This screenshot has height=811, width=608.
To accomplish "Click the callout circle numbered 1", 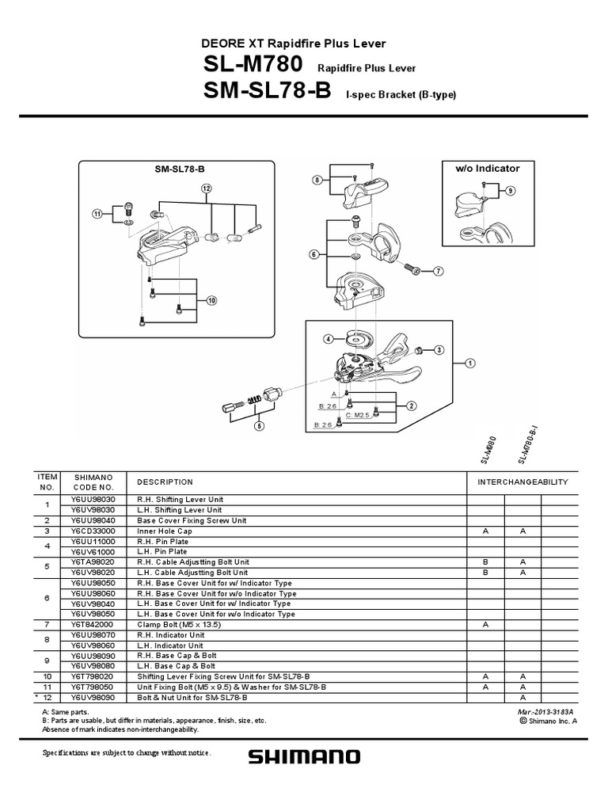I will (x=469, y=363).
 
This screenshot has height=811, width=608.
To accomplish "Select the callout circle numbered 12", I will (x=207, y=188).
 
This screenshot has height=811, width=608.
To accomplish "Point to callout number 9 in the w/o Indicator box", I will (x=510, y=191).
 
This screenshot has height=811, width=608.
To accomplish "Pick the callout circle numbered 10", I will (x=211, y=300).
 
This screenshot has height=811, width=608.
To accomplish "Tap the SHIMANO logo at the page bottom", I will (x=304, y=758).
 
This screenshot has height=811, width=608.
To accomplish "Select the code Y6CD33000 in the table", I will (x=93, y=531).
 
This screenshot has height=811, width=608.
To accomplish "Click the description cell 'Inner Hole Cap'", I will (x=165, y=531).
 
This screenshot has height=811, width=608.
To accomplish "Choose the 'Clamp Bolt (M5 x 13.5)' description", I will (x=181, y=624).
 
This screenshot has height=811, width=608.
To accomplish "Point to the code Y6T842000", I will (x=93, y=624).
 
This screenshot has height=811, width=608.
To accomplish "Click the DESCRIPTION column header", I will (x=165, y=482).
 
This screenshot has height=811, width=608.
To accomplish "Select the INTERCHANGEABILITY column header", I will (x=522, y=482).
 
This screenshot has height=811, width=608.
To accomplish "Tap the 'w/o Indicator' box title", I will (x=488, y=169).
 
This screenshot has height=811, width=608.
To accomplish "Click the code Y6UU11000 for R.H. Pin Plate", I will (x=93, y=542).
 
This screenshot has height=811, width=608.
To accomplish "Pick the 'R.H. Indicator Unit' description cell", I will (x=172, y=634).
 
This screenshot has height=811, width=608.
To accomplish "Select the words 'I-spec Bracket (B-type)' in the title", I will (x=401, y=95).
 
